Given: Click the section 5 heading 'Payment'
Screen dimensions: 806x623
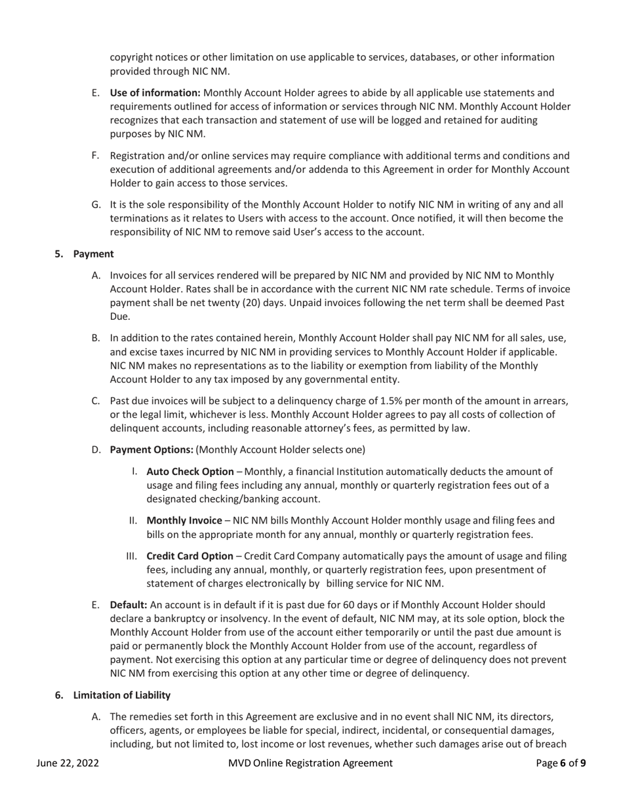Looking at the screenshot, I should pos(93,254).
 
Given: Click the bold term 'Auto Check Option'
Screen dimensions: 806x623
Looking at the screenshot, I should pos(190,472).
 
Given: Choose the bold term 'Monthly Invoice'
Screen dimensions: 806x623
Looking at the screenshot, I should pos(184,520).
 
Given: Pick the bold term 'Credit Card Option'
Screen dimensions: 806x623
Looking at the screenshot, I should pos(190,556).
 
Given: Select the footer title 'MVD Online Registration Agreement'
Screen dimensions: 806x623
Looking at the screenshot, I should pos(311,763).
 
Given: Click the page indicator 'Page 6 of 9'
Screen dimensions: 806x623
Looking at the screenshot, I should pos(561,763).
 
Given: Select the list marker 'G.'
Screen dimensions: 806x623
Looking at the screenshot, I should pos(96,205).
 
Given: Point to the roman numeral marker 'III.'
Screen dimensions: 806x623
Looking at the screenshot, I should pos(132,556).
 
